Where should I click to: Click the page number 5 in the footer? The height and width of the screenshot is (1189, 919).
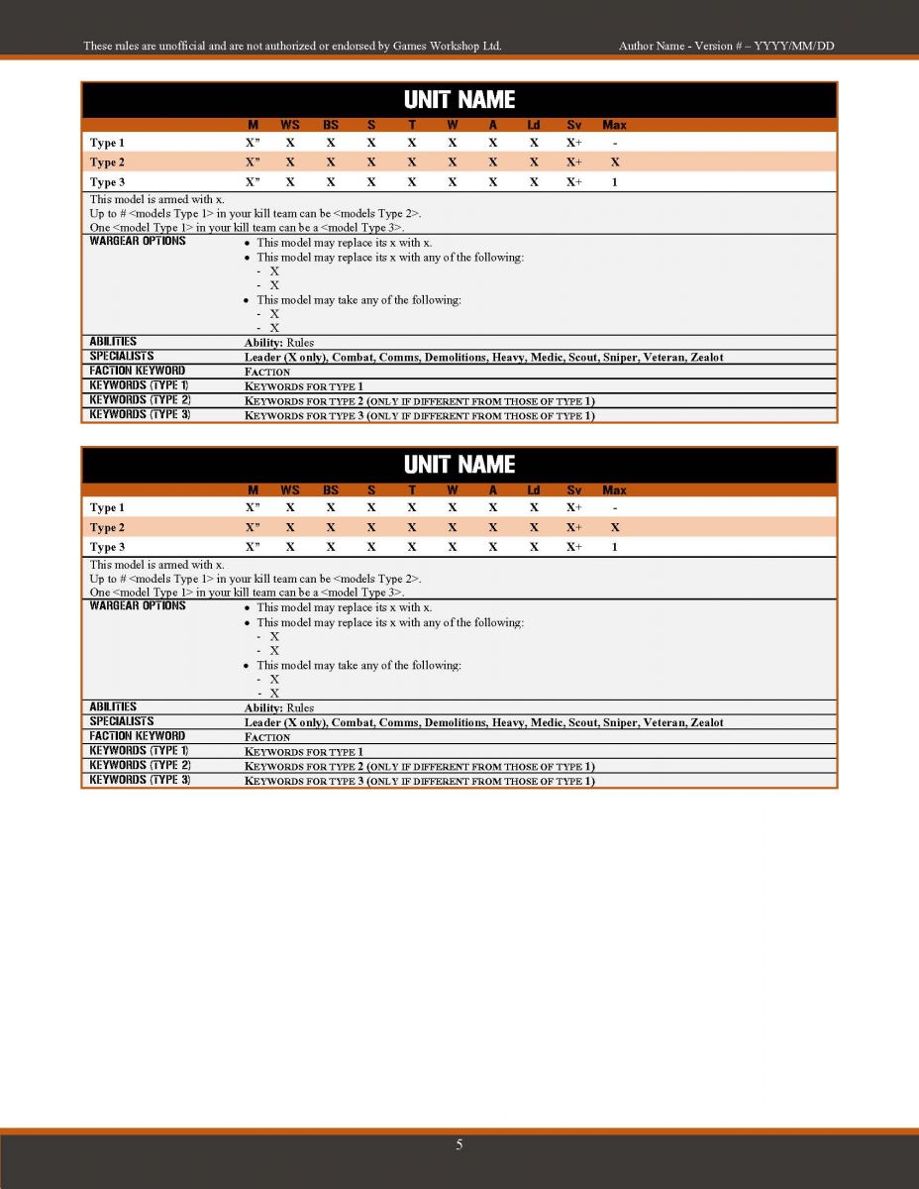pos(459,1145)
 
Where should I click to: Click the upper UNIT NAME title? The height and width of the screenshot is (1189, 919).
pos(459,100)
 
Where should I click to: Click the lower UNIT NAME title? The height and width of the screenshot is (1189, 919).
pos(459,465)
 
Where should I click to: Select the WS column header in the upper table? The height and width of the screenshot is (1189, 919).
pos(290,125)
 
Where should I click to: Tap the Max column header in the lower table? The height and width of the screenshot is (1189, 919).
pos(614,489)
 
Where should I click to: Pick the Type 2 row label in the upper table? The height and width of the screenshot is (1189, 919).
pos(108,162)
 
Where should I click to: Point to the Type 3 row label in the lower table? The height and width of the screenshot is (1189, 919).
pos(108,547)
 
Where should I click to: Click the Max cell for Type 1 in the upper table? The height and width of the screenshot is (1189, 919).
pos(615,144)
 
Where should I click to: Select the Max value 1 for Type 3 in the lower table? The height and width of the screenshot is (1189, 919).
pos(615,547)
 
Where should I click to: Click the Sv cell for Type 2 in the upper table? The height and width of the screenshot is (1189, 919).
pos(574,162)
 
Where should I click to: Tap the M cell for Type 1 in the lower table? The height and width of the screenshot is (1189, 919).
pos(253,508)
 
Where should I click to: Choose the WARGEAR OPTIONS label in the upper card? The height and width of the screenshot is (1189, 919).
pos(138,242)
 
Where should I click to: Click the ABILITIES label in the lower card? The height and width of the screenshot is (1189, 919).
pos(113,706)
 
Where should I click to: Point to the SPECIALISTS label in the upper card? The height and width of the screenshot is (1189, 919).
pos(122,356)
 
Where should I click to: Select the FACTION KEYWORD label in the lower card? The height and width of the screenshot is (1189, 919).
pos(137,735)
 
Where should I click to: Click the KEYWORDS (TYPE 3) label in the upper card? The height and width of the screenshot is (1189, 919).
pos(140,414)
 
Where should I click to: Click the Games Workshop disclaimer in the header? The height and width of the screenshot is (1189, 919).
pos(292,46)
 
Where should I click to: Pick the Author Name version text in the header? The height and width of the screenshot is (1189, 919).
pos(732,46)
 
